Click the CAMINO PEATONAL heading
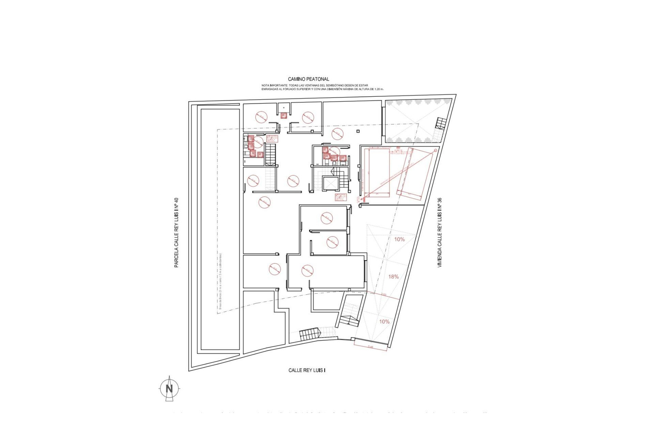tap(308, 79)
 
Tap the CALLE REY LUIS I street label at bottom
tap(307, 370)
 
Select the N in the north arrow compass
tap(169, 388)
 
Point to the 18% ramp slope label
tap(394, 277)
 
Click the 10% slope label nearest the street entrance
tap(384, 322)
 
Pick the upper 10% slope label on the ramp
tap(399, 239)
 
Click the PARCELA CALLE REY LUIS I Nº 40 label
tap(176, 233)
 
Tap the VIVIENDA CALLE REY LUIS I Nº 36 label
tap(439, 233)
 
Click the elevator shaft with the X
tap(329, 184)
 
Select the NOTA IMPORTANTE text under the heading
tap(322, 87)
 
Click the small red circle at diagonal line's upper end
tap(435, 150)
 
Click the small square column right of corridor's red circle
tap(358, 131)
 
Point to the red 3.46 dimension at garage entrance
tap(370, 347)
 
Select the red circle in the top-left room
tap(261, 117)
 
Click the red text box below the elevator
tap(340, 198)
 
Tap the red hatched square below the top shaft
tap(283, 115)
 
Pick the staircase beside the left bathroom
tap(270, 154)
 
